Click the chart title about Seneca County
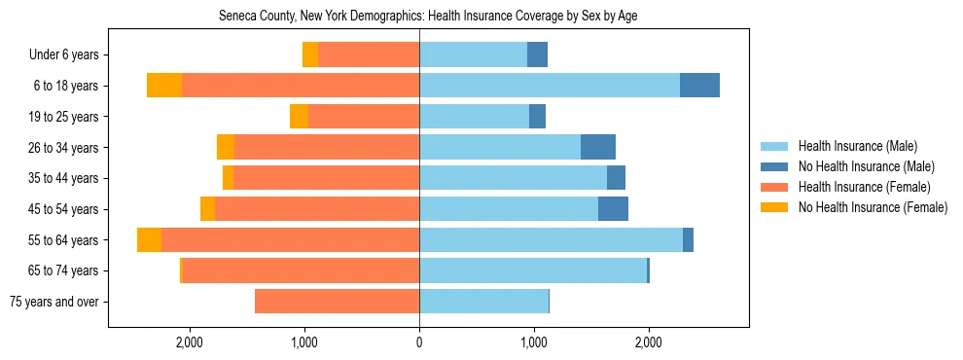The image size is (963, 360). click(x=428, y=16)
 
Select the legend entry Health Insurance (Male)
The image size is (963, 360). click(x=857, y=147)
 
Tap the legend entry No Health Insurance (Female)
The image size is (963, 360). click(x=873, y=207)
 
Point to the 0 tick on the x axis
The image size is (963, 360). click(x=419, y=342)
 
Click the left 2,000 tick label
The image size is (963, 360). click(x=189, y=342)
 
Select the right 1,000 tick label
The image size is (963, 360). click(x=534, y=342)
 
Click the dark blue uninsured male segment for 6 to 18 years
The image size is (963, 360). click(x=699, y=86)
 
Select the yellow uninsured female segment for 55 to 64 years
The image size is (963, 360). click(x=149, y=240)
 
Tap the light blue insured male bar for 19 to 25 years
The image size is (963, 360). click(x=474, y=117)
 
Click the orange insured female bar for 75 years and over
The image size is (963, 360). click(x=337, y=302)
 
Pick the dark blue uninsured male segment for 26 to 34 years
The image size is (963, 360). click(x=598, y=148)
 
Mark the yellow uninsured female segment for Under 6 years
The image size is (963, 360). click(x=310, y=55)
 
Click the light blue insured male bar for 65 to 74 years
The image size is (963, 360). click(x=533, y=270)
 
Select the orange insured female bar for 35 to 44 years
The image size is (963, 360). click(x=326, y=178)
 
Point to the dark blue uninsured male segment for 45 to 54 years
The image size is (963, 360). click(x=613, y=209)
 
